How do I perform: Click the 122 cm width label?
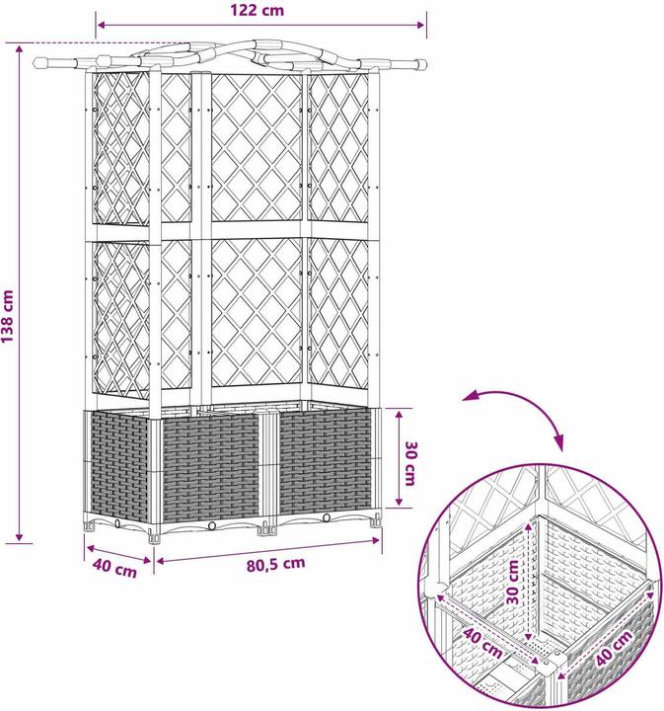point(258,10)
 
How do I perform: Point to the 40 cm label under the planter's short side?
point(114,569)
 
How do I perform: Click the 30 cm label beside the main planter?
point(409,463)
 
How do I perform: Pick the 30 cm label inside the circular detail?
point(512,583)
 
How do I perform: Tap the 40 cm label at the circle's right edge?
point(615,649)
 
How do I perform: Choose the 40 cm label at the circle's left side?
point(482,642)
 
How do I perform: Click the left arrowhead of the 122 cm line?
point(102,25)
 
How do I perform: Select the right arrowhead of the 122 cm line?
point(420,25)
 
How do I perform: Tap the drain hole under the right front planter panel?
point(327,517)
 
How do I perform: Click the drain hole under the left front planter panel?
point(211,525)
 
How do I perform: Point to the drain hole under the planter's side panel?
point(117,523)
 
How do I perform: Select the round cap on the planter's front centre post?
point(267,413)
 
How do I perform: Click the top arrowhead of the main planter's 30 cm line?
point(399,415)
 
